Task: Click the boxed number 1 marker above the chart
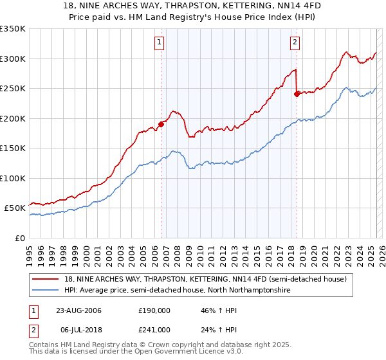[159, 43]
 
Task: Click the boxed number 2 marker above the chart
[295, 43]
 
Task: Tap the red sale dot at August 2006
[161, 124]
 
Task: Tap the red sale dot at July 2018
[297, 94]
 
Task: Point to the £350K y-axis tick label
[13, 29]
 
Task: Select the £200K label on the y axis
[13, 118]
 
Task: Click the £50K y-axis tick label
[15, 208]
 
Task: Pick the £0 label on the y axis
[20, 238]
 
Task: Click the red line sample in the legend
[46, 279]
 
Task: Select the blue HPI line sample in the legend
[46, 291]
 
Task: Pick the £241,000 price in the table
[154, 330]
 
